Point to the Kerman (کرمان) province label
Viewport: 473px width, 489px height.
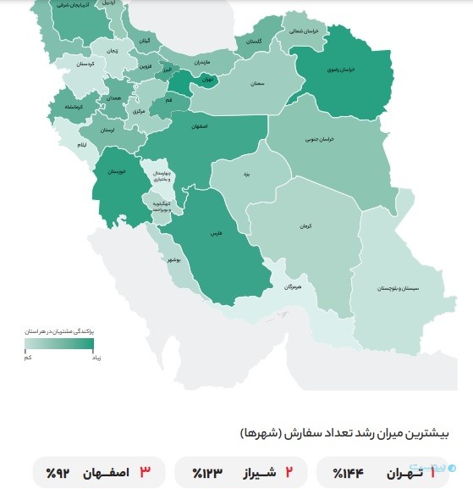[304, 227]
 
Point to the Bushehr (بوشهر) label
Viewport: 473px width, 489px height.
[173, 258]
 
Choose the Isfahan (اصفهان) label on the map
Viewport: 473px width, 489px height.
[200, 126]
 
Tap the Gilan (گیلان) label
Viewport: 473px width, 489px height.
[145, 41]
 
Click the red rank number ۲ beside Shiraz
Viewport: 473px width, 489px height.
[287, 471]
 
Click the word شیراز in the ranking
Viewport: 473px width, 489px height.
[251, 472]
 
